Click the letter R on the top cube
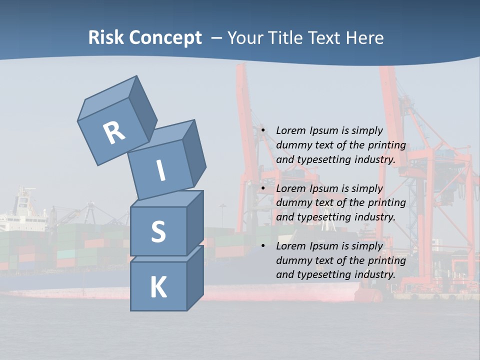pos(114,132)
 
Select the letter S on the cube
pos(158,231)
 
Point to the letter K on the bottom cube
pos(158,287)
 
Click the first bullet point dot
pos(262,130)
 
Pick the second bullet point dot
pos(262,188)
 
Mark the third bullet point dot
pos(262,246)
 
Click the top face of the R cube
pos(107,97)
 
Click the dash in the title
pos(217,38)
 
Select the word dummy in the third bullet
pos(292,260)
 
